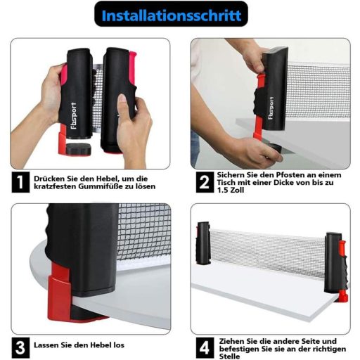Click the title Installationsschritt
pyautogui.click(x=172, y=15)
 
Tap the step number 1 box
pyautogui.click(x=20, y=182)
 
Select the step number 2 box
pyautogui.click(x=205, y=182)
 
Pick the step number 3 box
pyautogui.click(x=20, y=347)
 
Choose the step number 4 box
pyautogui.click(x=205, y=347)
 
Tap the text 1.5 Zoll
pyautogui.click(x=231, y=190)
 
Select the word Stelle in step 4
pyautogui.click(x=229, y=356)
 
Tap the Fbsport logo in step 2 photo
pyautogui.click(x=271, y=108)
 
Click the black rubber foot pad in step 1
pyautogui.click(x=78, y=149)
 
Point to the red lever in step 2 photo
pyautogui.click(x=259, y=105)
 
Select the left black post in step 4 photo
pyautogui.click(x=203, y=243)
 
